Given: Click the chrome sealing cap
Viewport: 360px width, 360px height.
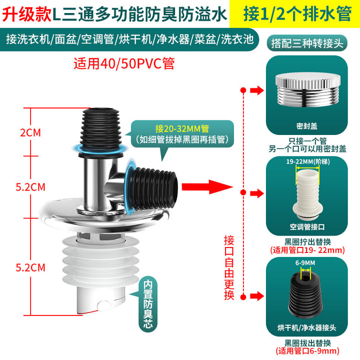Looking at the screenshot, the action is coord(308,90).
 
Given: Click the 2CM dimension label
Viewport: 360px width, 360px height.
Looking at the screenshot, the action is coord(30,132).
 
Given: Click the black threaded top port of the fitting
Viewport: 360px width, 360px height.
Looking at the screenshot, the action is coord(101,131).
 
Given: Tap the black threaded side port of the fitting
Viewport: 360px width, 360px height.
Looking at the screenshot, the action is coord(152,188).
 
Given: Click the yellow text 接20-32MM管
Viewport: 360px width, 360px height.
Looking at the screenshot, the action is coord(182,129).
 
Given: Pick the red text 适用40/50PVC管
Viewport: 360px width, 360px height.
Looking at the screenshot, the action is coord(124,63).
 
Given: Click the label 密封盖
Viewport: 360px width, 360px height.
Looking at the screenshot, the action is coord(306,126).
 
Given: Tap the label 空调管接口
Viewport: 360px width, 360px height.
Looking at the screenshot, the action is coord(307,227).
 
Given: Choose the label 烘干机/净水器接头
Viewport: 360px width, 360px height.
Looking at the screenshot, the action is coord(306,327).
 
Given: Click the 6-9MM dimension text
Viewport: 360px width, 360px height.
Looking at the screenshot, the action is coord(305,263).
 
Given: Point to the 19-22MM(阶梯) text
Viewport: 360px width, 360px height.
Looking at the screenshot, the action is coord(307,161).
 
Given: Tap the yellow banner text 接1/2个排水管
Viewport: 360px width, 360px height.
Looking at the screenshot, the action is coord(297,14).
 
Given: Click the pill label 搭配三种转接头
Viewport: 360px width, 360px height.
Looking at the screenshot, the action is coord(307,43).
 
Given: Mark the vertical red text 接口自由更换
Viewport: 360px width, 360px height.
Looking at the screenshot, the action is coord(229,267).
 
